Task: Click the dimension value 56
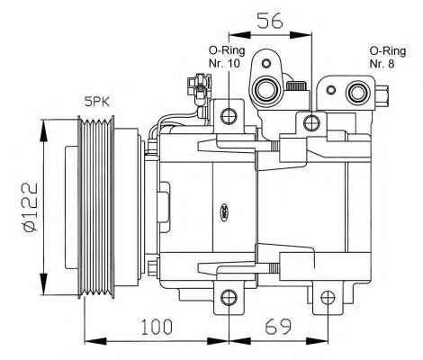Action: pyautogui.click(x=270, y=21)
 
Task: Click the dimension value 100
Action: pyautogui.click(x=157, y=327)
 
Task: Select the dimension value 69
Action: pyautogui.click(x=278, y=327)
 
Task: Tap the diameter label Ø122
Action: pyautogui.click(x=31, y=207)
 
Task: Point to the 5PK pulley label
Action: pyautogui.click(x=97, y=102)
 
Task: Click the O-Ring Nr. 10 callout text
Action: pyautogui.click(x=227, y=57)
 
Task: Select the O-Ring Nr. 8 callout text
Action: pyautogui.click(x=388, y=57)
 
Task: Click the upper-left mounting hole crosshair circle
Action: pyautogui.click(x=229, y=116)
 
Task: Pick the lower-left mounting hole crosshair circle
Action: pyautogui.click(x=229, y=297)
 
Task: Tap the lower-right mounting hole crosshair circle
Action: pyautogui.click(x=328, y=297)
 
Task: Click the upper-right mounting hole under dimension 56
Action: pyautogui.click(x=311, y=122)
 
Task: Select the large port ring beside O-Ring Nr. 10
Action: pyautogui.click(x=265, y=89)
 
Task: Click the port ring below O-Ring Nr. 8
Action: pyautogui.click(x=357, y=93)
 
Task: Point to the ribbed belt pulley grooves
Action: pyautogui.click(x=96, y=207)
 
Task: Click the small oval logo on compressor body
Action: pyautogui.click(x=224, y=212)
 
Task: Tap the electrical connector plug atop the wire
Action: pyautogui.click(x=198, y=87)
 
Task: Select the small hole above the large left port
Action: pyautogui.click(x=266, y=63)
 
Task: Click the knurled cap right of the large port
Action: pyautogui.click(x=296, y=85)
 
